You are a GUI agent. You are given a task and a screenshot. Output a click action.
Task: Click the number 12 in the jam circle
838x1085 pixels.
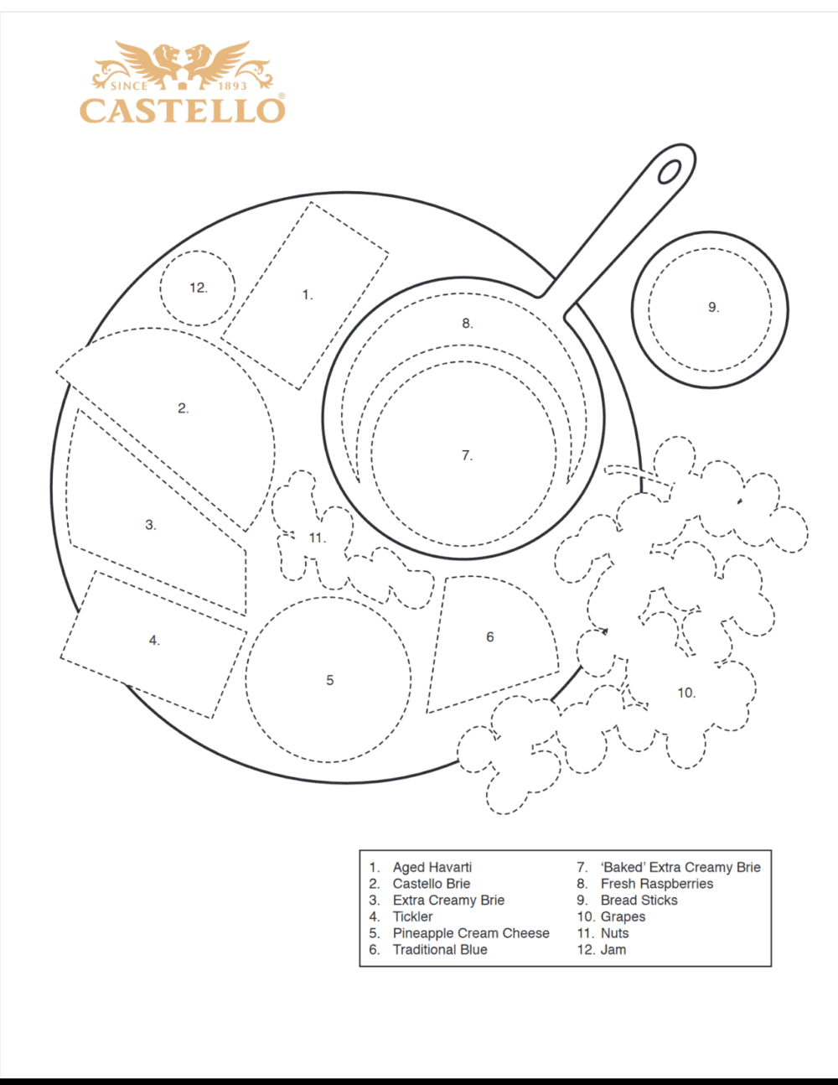point(198,288)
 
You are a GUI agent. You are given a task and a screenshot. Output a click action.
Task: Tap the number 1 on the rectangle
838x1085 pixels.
point(307,294)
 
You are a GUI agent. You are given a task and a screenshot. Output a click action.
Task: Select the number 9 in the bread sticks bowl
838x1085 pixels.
point(713,307)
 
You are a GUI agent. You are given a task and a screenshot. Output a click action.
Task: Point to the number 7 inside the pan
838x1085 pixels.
point(467,455)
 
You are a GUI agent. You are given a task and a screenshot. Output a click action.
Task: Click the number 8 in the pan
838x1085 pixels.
point(467,323)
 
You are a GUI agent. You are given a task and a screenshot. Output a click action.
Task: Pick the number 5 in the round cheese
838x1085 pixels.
point(329,680)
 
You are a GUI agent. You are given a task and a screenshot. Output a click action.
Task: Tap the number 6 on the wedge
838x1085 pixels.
point(490,637)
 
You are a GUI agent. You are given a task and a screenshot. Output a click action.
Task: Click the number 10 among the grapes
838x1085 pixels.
point(686,693)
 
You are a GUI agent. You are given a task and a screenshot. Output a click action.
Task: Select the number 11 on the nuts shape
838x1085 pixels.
point(317,537)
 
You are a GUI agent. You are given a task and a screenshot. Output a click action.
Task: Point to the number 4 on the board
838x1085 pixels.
point(154,641)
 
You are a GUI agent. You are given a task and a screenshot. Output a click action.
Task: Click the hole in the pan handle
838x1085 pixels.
point(669,171)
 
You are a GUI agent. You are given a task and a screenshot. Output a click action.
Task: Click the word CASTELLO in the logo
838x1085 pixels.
point(182,111)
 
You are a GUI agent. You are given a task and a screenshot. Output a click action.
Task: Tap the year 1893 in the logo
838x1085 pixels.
point(232,86)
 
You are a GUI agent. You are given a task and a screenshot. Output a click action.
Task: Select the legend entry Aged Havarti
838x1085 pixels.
point(432,867)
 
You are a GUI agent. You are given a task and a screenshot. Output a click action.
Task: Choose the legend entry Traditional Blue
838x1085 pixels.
point(440,949)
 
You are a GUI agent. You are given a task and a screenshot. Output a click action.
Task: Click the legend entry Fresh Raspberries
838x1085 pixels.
point(657,884)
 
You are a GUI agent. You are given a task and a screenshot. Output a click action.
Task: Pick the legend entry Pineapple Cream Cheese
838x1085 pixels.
point(471,933)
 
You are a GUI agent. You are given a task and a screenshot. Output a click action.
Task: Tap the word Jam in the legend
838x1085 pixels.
point(613,949)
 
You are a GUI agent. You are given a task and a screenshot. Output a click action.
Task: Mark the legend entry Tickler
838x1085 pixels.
point(413,916)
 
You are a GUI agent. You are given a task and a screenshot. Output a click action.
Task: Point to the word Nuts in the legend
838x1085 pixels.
point(614,933)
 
